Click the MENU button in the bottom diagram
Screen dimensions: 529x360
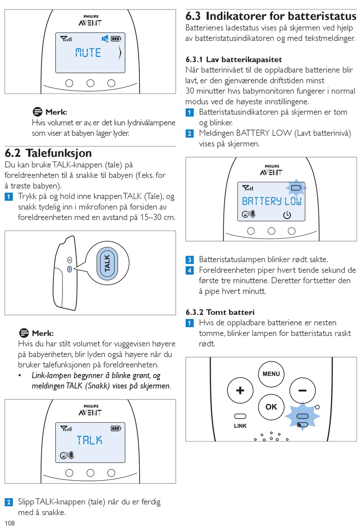tap(271, 374)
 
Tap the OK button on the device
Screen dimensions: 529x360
tap(271, 407)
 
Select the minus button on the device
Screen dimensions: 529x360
tap(302, 390)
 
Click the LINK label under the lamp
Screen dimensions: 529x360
tap(240, 426)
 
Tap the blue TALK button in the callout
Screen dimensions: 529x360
tap(107, 263)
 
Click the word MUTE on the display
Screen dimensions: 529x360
tap(88, 53)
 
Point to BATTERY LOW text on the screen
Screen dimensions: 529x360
tap(272, 201)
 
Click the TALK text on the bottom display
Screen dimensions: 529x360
tap(89, 440)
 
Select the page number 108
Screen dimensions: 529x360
tap(9, 523)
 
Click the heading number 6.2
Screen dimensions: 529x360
tap(13, 153)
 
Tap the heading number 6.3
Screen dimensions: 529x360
tap(193, 16)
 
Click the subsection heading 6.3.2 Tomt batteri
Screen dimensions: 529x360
tap(220, 312)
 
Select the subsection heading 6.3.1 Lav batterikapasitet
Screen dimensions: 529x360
tap(233, 59)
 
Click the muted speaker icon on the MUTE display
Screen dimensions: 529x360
tap(105, 39)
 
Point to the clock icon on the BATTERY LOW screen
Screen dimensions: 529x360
tap(287, 215)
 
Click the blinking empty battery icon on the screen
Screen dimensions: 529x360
tap(296, 187)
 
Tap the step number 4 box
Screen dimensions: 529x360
tap(190, 270)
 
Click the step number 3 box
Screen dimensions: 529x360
tap(190, 260)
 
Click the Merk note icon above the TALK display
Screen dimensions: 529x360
tap(24, 333)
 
